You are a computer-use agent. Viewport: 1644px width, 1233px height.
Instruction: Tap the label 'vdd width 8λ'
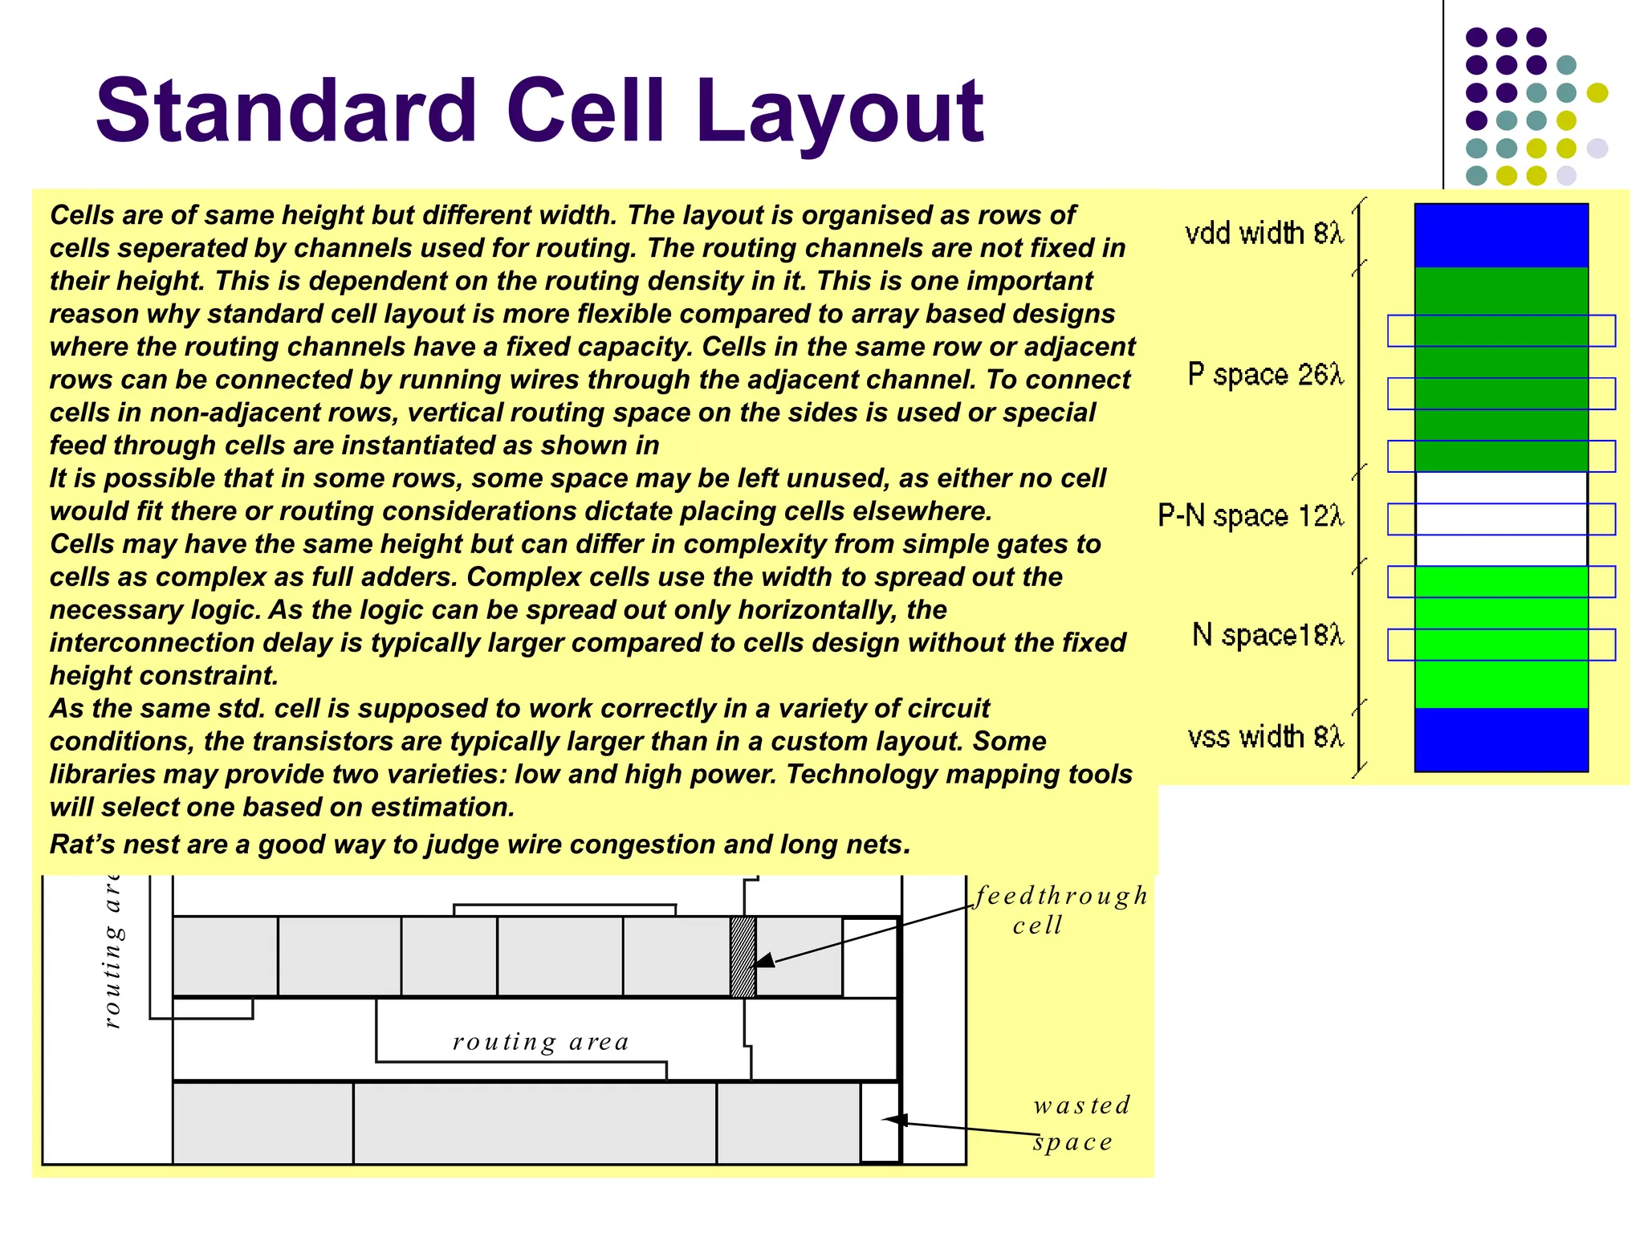(x=1264, y=233)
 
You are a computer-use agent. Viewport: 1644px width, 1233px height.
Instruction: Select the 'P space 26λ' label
(x=1265, y=374)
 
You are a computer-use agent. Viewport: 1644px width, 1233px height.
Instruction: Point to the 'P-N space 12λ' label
(x=1250, y=515)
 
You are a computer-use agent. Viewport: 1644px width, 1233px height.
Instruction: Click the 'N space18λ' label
(x=1267, y=635)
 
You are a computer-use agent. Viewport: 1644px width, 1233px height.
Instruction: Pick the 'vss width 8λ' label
(x=1265, y=736)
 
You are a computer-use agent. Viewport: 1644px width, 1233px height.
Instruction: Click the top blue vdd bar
(x=1500, y=235)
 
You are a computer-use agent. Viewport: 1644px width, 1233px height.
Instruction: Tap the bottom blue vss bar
(x=1500, y=739)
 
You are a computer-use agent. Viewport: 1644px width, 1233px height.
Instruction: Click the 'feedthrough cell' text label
(x=1059, y=910)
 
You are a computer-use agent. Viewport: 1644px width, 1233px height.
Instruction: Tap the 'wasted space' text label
(x=1080, y=1123)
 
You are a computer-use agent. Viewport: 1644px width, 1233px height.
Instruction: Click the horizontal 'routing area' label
(x=540, y=1042)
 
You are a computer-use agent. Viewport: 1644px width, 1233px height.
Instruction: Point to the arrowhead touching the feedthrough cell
(x=764, y=961)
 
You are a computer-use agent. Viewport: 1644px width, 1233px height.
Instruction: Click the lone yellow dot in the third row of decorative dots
(x=1597, y=93)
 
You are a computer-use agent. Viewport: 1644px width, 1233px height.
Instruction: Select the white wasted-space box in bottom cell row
(x=880, y=1122)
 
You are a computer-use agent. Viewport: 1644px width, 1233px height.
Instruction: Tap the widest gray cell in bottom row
(x=535, y=1122)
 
